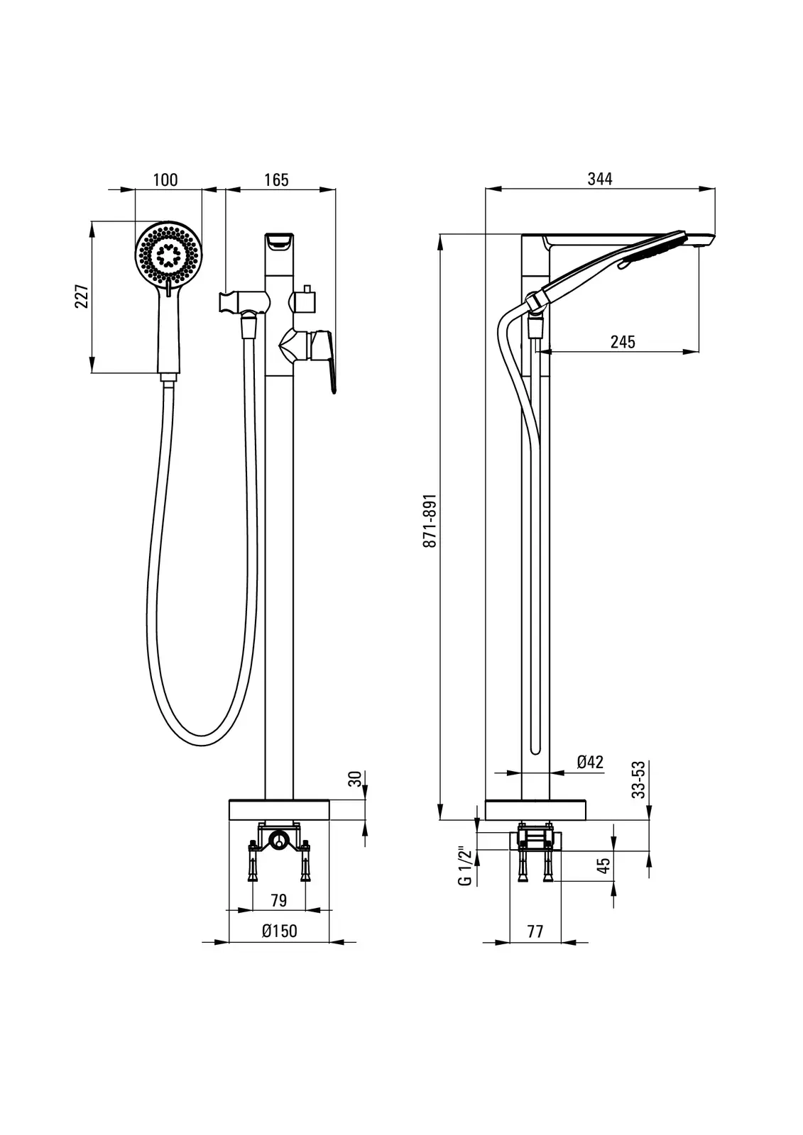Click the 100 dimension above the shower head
click(165, 179)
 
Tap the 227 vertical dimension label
click(82, 297)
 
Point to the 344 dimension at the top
click(599, 179)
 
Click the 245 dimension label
click(623, 342)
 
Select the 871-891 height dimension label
click(429, 521)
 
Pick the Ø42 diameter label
click(590, 762)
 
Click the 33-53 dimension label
click(640, 779)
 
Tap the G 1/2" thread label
click(465, 865)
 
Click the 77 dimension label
click(535, 931)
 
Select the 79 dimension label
click(279, 900)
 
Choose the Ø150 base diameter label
click(279, 931)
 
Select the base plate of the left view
click(280, 809)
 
